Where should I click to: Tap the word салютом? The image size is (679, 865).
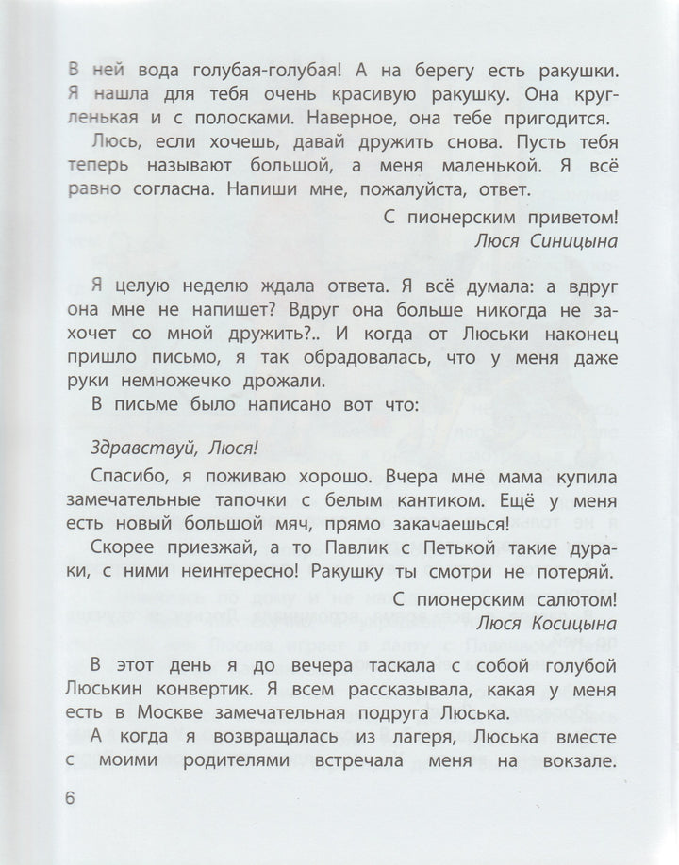point(567,596)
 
